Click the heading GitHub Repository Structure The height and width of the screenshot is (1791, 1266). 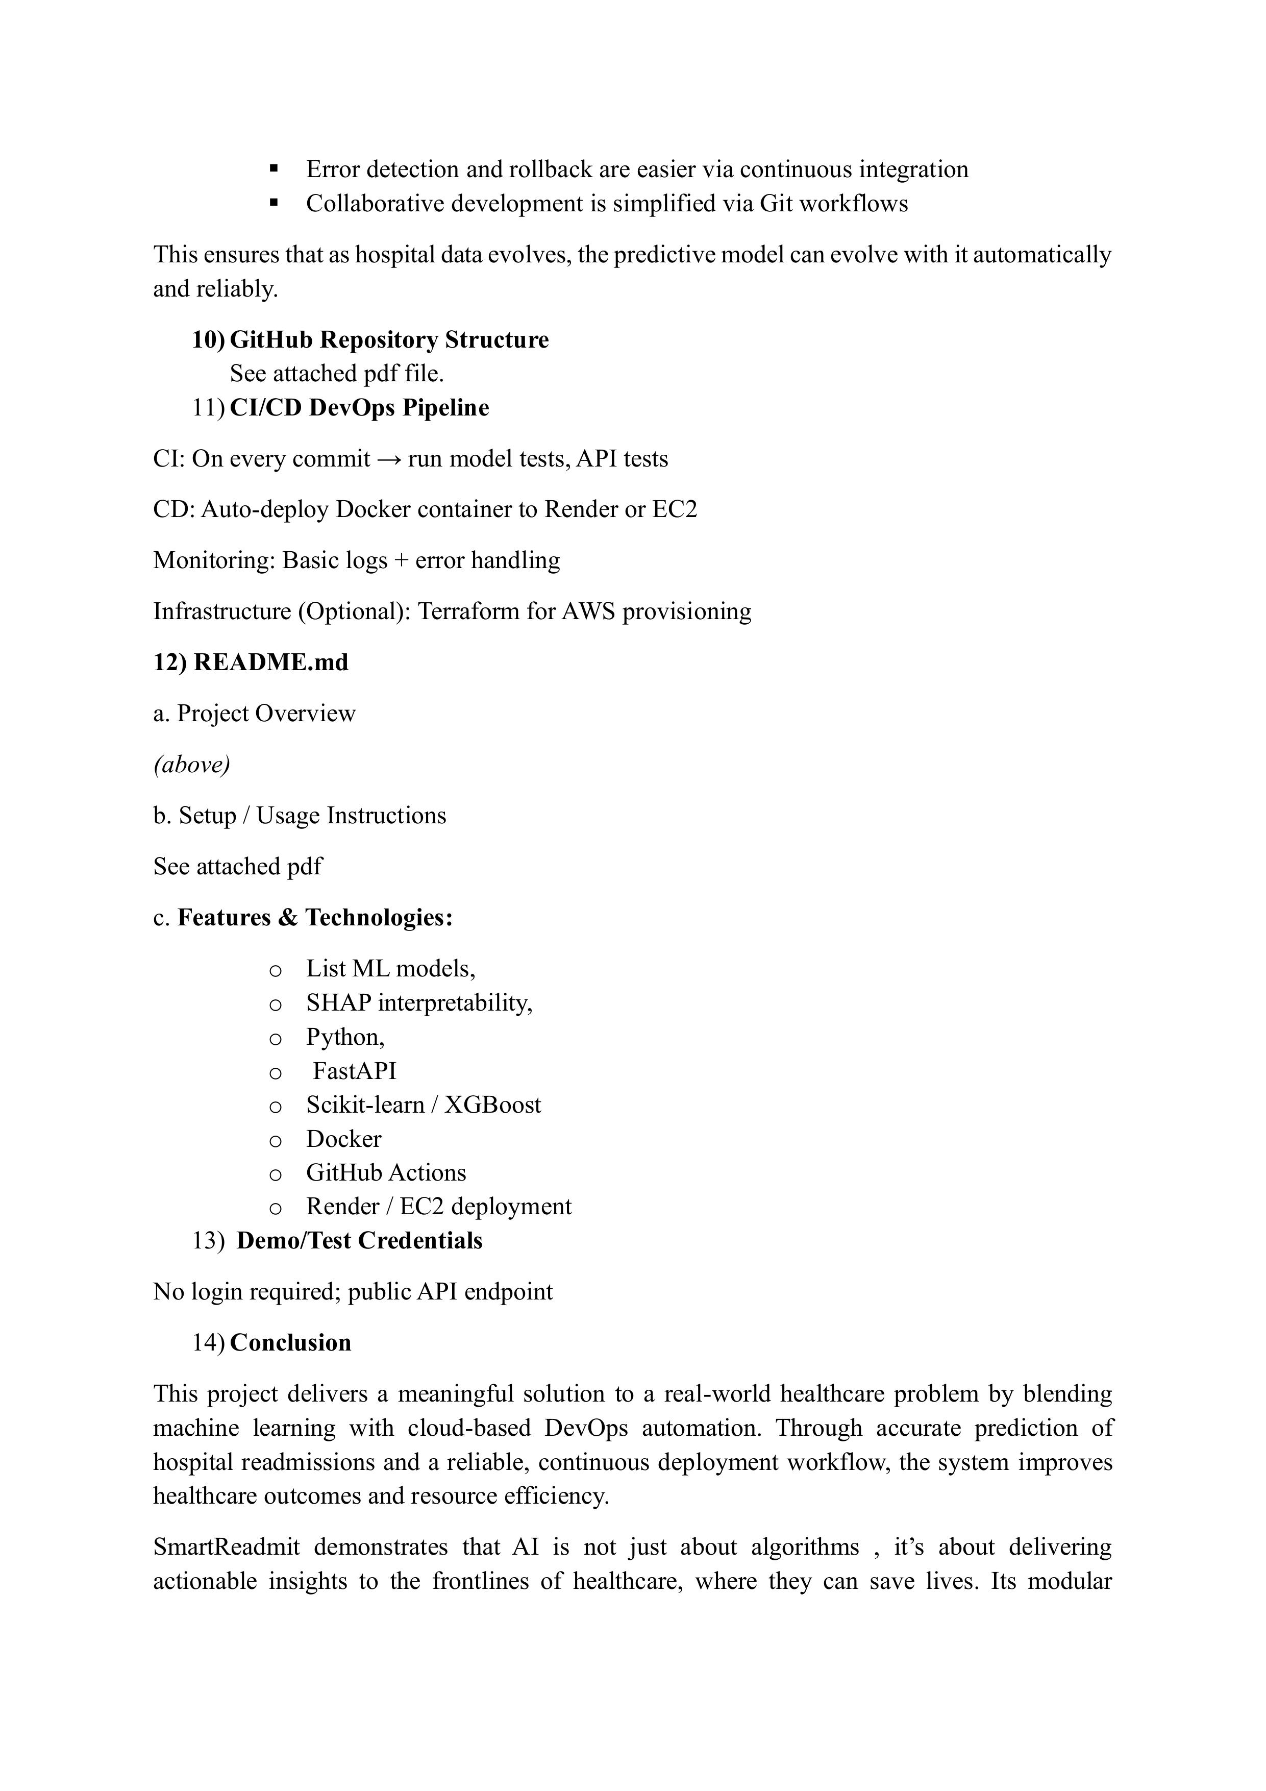click(x=388, y=340)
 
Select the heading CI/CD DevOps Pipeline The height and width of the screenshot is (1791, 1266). click(x=359, y=408)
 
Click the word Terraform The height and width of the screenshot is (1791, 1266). click(x=469, y=611)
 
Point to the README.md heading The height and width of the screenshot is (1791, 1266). click(x=251, y=663)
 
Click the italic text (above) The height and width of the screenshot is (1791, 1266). click(x=191, y=765)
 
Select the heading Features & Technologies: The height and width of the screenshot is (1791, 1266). click(x=314, y=917)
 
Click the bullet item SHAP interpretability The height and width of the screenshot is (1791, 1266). click(x=419, y=1002)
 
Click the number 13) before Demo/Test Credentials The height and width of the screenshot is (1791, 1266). click(x=208, y=1241)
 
